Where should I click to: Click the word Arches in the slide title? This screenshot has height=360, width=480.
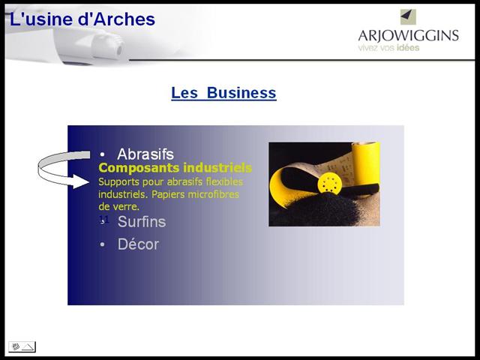[x=124, y=19]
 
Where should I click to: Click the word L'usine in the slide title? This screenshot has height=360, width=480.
[x=41, y=19]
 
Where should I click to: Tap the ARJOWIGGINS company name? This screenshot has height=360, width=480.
[x=408, y=36]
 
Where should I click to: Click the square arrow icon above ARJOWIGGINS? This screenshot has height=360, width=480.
[x=408, y=16]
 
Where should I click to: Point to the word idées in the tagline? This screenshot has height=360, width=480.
[x=408, y=48]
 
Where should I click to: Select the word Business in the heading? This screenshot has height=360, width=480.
[x=241, y=93]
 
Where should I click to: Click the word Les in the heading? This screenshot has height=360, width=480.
[x=184, y=93]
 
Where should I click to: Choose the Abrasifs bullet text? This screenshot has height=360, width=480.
[x=145, y=154]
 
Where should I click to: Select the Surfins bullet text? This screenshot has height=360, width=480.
[x=142, y=222]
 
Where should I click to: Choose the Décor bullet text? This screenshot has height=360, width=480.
[x=138, y=244]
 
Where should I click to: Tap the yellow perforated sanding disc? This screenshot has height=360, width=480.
[x=330, y=183]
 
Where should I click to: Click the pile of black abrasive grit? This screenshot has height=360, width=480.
[x=322, y=211]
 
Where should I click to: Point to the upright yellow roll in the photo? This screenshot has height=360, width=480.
[x=365, y=164]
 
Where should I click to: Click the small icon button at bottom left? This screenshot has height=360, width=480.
[x=22, y=346]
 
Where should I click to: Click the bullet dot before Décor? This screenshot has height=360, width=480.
[x=102, y=244]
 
